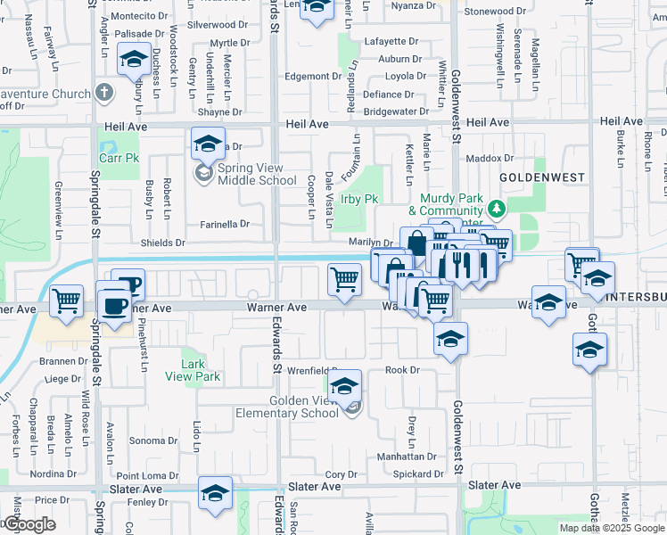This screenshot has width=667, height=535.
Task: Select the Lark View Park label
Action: [193, 370]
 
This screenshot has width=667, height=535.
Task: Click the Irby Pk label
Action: [360, 199]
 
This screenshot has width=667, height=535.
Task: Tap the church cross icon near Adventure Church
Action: [104, 93]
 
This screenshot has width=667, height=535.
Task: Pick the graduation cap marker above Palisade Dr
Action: [134, 61]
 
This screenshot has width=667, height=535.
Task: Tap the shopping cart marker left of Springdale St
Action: [67, 301]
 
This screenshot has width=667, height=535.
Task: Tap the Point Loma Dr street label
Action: [148, 477]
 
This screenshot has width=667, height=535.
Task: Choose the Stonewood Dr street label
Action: [496, 12]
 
